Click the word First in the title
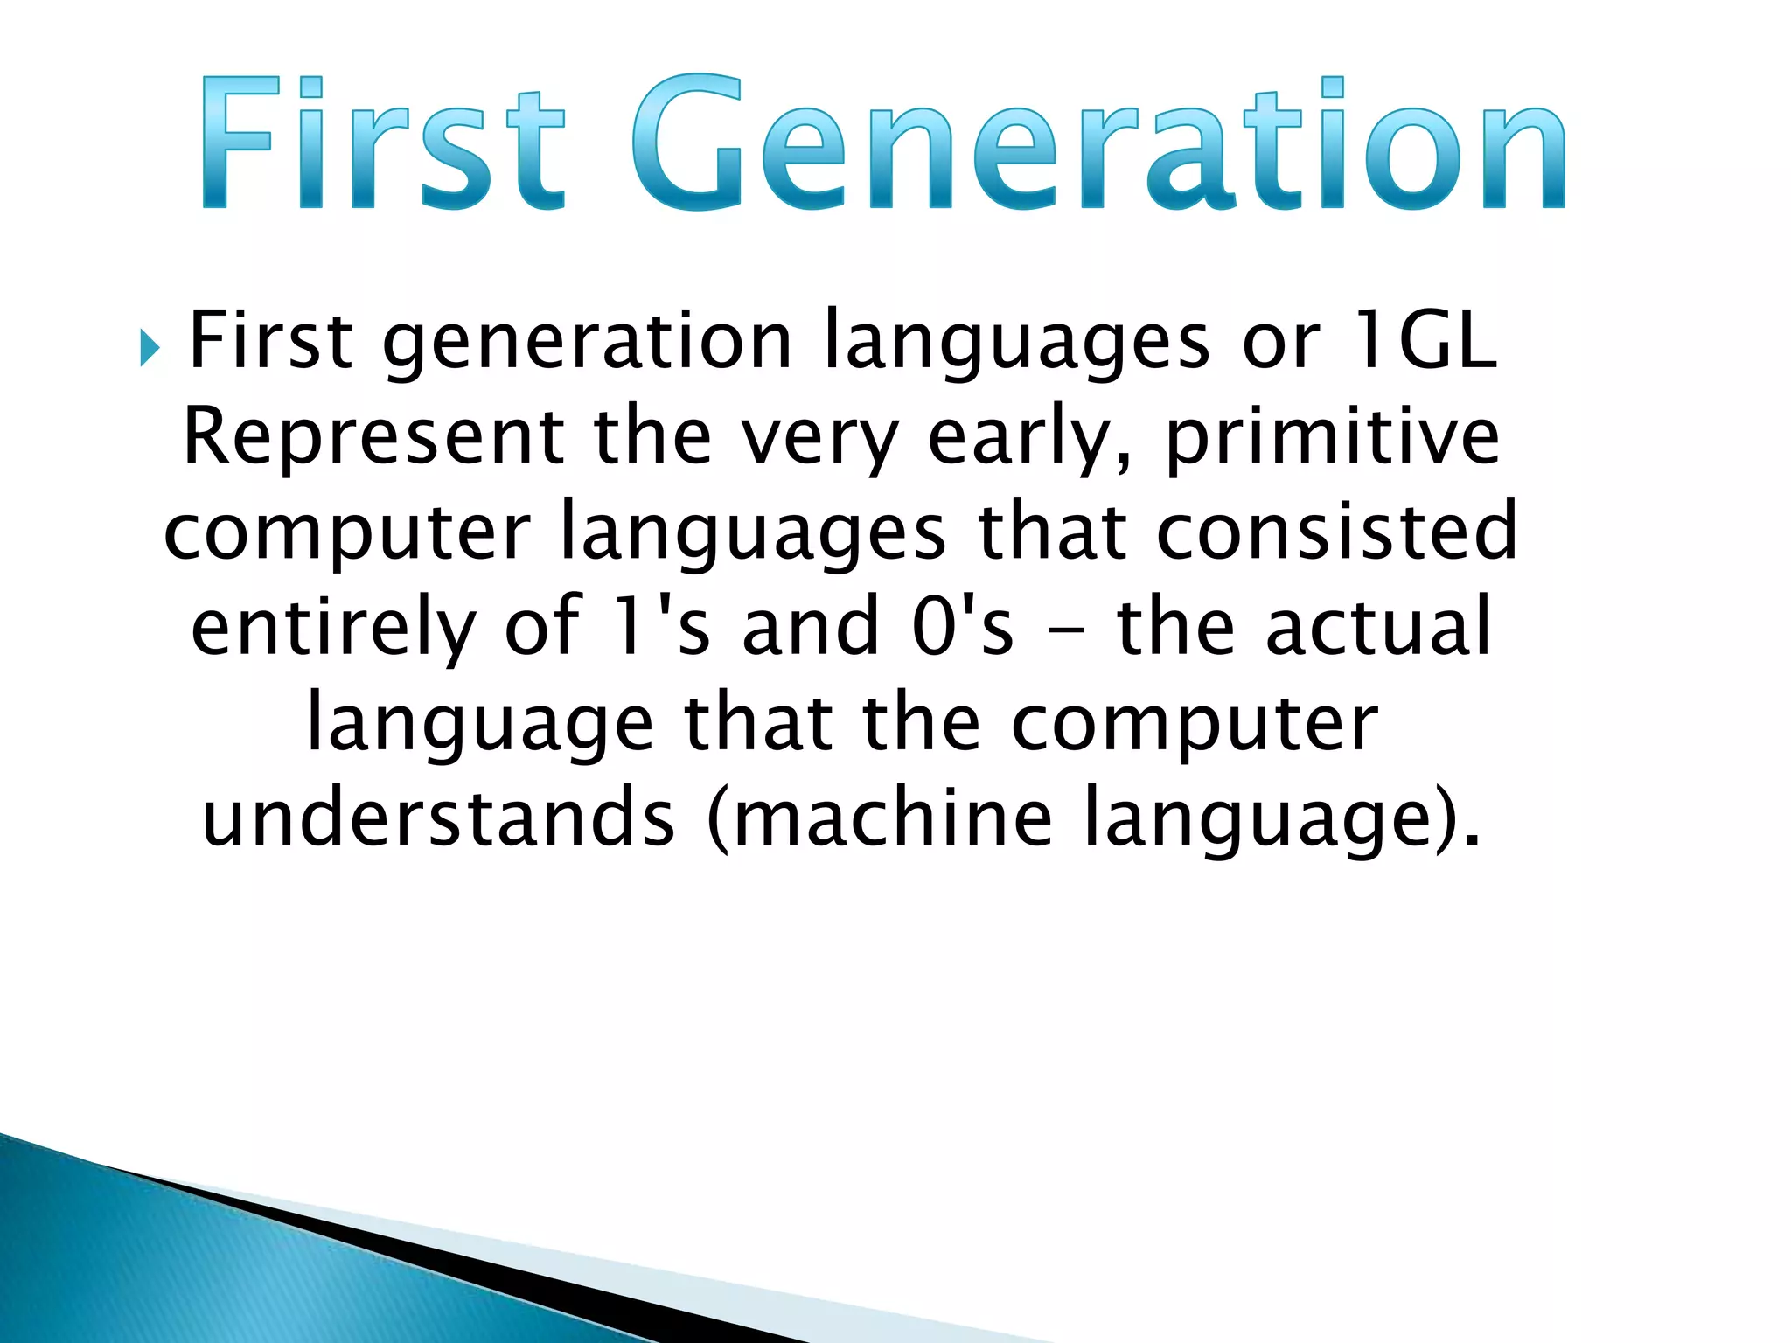380,144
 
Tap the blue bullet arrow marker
150,349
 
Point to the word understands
438,818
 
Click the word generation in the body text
587,343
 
